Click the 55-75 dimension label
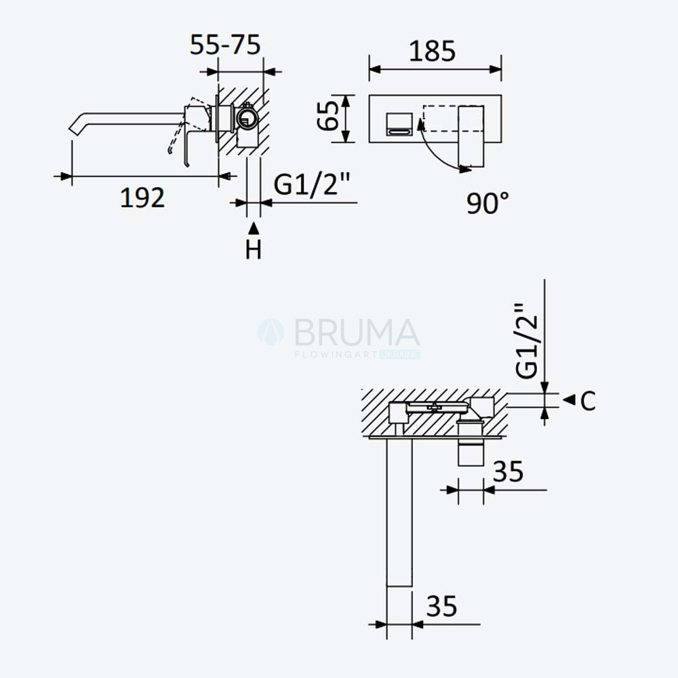(225, 45)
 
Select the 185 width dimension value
(432, 51)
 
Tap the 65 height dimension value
(328, 115)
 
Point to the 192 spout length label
(142, 197)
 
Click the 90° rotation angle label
(487, 203)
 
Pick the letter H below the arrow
(254, 250)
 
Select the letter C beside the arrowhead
(588, 401)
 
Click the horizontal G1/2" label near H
(311, 184)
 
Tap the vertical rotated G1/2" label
(527, 340)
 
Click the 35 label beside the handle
(508, 471)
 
